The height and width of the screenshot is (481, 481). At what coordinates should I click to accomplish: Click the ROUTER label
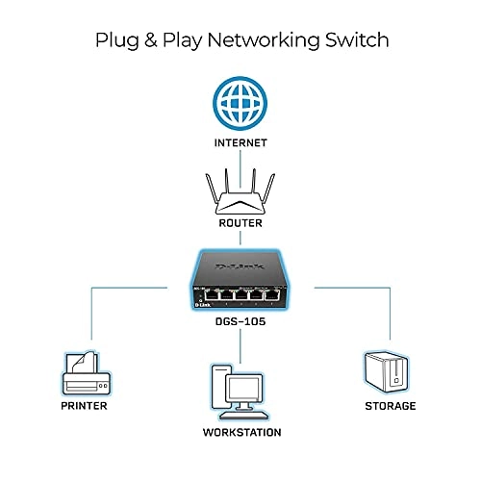[241, 224]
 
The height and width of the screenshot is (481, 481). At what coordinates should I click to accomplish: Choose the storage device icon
[390, 371]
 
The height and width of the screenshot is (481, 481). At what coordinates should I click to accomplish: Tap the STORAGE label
[390, 406]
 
